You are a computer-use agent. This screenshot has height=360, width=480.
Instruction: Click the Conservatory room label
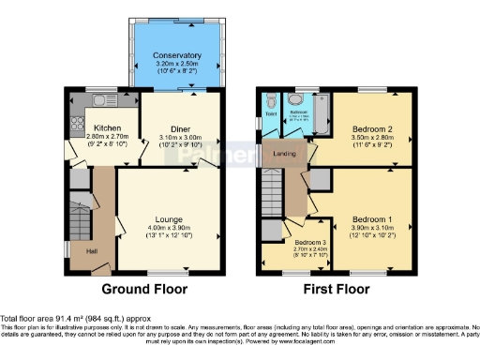(x=177, y=55)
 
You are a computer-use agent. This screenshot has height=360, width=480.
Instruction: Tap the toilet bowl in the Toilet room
(x=269, y=101)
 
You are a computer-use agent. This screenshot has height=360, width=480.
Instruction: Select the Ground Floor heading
(x=144, y=289)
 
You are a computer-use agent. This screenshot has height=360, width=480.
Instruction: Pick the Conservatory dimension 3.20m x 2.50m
(x=177, y=64)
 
